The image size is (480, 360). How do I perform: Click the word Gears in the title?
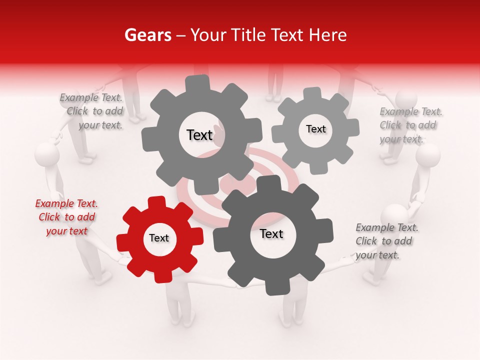coord(147,35)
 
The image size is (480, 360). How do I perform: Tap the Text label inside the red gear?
coord(159,238)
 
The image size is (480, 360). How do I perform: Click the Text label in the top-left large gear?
coord(199,135)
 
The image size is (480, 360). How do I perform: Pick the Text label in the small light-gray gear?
coord(315,129)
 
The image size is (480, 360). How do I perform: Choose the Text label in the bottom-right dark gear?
coord(271,234)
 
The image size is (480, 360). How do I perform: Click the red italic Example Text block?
coord(66,217)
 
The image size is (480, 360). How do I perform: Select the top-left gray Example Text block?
coord(92,111)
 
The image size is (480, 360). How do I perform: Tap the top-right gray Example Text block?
coord(410,125)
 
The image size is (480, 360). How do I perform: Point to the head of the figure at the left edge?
coord(47,153)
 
